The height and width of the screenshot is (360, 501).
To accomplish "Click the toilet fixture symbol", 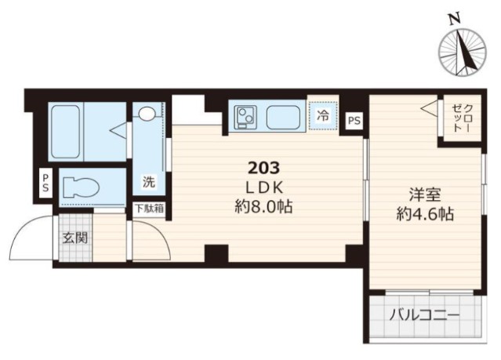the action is pos(81,187).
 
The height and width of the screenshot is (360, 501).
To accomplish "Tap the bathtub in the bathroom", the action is pos(66,132).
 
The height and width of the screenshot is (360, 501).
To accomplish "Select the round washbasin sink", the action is pos(147,114).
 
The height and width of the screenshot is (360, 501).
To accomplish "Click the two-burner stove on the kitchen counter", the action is pos(245,118).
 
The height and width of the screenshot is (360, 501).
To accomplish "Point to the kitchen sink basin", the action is pos(283,118).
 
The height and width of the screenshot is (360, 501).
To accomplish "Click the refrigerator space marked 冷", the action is pos(323,116).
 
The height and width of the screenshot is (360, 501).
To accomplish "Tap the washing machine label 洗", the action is pos(149,182).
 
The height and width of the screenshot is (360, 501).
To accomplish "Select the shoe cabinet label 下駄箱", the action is pos(150,209).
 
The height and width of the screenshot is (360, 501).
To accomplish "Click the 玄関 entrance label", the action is pos(75,238).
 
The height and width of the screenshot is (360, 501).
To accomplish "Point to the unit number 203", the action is pos(264,168).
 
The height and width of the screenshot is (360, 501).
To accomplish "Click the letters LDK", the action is pos(264,187).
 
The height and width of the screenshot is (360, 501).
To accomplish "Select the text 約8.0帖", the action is pos(264,207).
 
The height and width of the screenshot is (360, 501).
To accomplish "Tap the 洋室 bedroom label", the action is pos(425,195).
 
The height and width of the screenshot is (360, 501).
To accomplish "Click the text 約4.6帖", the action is pos(425,213).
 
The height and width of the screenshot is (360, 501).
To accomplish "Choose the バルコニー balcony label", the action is pos(424,316).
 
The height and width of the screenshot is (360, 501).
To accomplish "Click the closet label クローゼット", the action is pos(462,118).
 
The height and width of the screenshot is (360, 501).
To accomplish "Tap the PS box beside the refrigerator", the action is pos(354,121).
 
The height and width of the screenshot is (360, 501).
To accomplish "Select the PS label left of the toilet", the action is pos(45,183).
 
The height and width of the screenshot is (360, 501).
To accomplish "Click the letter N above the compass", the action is pos(455,20).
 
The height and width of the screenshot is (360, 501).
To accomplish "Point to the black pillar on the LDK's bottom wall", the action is pos(216,253).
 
